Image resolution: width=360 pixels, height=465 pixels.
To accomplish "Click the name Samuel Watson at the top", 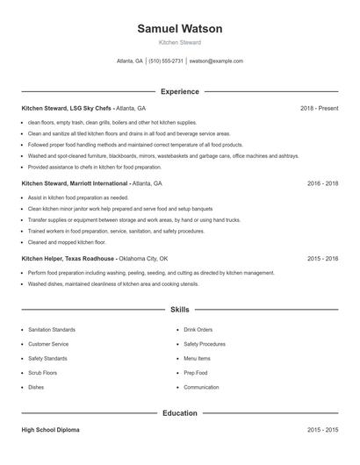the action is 179,29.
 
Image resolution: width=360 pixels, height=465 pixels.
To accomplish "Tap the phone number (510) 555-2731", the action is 166,61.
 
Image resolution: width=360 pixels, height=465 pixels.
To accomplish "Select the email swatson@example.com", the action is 216,61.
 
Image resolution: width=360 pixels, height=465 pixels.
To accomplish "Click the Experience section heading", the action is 179,91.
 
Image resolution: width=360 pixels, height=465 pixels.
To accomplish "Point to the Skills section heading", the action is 179,310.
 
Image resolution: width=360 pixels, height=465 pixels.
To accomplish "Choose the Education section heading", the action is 179,412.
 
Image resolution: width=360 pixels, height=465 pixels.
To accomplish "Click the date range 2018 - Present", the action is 319,108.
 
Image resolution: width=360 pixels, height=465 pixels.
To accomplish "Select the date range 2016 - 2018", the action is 322,184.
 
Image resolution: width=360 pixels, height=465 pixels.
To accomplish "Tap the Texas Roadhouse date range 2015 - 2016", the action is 322,259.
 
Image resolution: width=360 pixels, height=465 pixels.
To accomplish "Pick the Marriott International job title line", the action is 91,184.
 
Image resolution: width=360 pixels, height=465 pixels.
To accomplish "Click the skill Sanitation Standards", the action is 52,330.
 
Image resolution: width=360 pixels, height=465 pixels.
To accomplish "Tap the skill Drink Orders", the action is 198,330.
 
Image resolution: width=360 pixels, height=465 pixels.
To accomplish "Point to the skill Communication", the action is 201,387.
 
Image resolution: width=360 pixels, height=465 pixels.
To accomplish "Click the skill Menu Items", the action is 197,359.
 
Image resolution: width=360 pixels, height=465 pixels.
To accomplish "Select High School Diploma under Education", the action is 52,430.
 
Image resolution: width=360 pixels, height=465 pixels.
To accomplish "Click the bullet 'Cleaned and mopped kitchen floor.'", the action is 67,241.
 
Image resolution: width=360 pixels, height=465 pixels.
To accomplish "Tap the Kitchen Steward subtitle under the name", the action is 179,42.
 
